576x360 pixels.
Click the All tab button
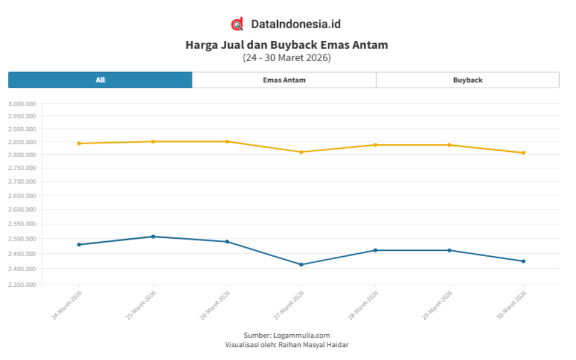[x=100, y=80]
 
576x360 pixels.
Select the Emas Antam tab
[x=284, y=80]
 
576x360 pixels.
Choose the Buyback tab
[x=467, y=80]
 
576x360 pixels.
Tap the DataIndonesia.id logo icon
[x=237, y=24]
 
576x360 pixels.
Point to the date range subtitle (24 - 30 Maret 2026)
[x=287, y=58]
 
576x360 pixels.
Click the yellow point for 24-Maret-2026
[x=79, y=143]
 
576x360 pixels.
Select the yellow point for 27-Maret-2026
[x=301, y=152]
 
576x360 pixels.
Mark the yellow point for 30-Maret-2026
[x=523, y=153]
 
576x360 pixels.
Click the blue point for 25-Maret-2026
[x=153, y=236]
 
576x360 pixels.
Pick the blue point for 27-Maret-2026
[x=301, y=265]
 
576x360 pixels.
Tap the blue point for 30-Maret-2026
[x=523, y=261]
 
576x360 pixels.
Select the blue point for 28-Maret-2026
[x=376, y=250]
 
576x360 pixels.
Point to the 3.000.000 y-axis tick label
[x=22, y=104]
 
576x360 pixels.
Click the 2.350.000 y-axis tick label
[x=22, y=284]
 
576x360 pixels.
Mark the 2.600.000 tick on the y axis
[x=22, y=209]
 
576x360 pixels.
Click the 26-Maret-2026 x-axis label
[x=215, y=304]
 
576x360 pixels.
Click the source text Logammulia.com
[x=301, y=335]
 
